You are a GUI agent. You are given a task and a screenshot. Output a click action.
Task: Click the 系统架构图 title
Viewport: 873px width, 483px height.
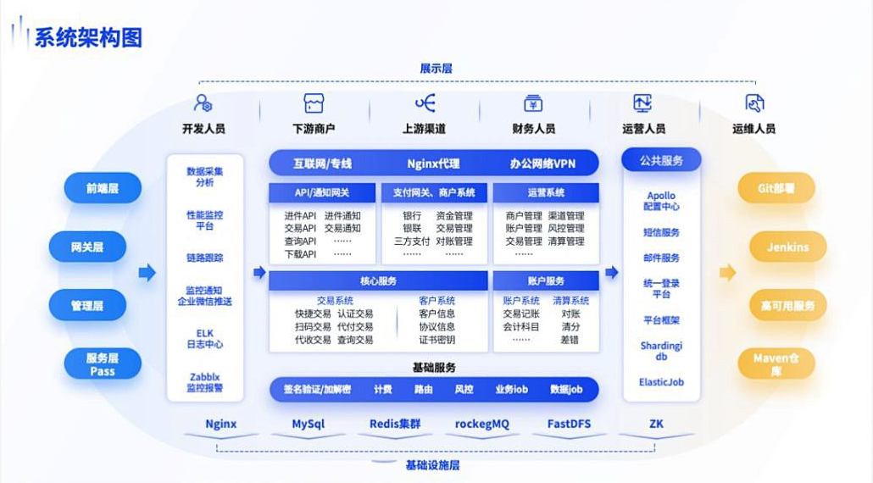87,37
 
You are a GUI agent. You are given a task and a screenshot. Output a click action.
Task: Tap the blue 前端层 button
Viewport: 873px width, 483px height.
102,188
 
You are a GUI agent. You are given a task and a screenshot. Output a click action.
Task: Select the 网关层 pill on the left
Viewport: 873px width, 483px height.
87,247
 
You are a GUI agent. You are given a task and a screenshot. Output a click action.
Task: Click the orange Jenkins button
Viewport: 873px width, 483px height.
787,247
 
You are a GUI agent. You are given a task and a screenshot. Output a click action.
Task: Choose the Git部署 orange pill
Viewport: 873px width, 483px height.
776,188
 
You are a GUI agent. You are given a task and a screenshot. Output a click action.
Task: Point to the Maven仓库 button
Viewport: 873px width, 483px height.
776,364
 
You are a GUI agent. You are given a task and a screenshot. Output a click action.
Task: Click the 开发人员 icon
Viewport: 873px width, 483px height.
203,103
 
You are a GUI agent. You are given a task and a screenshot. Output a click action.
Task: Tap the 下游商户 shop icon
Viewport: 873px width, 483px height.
314,103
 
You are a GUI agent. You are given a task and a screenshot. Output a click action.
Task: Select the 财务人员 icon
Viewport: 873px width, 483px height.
533,103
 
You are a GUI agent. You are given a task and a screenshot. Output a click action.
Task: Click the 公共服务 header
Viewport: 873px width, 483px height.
661,160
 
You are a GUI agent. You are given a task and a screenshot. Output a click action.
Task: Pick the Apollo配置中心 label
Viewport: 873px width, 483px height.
661,201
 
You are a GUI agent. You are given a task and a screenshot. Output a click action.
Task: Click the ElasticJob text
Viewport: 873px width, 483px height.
661,382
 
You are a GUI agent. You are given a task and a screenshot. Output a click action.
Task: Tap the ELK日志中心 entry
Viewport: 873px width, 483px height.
204,339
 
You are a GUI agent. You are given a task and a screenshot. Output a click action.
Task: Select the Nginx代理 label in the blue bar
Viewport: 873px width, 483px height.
433,163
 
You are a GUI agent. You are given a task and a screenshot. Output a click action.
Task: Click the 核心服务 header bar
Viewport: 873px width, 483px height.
378,280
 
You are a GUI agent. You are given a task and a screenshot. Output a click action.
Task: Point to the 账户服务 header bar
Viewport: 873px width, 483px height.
545,280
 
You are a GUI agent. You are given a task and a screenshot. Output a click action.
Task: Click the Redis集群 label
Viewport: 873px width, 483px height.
394,424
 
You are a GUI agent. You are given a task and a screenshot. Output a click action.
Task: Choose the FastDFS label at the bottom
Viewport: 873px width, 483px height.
569,424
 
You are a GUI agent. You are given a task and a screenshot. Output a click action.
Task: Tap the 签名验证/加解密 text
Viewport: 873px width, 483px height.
317,389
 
